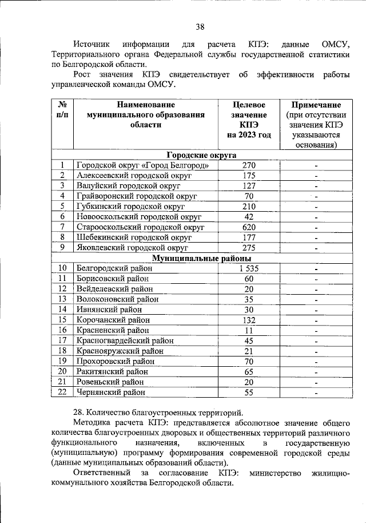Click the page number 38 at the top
(x=200, y=26)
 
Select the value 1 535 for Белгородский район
(x=249, y=268)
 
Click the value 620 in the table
(x=249, y=227)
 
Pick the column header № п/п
(x=62, y=110)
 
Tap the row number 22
(x=62, y=392)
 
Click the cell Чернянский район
(x=110, y=393)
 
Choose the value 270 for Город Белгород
(x=249, y=165)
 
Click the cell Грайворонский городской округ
(x=137, y=196)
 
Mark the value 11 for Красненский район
(x=249, y=330)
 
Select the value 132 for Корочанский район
(x=249, y=320)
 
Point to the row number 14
(x=62, y=310)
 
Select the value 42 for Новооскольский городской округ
(x=249, y=216)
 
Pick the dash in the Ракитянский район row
(x=316, y=372)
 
